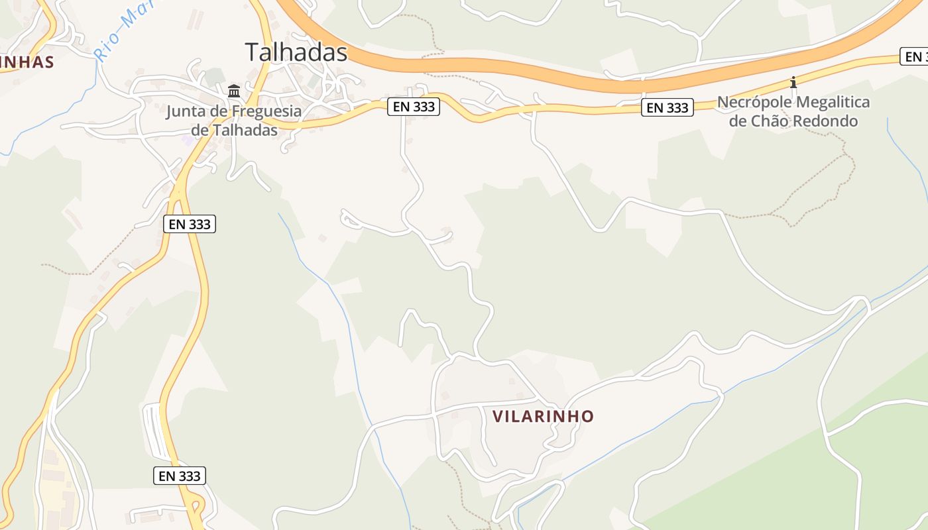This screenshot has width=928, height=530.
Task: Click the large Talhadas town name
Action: (x=296, y=52)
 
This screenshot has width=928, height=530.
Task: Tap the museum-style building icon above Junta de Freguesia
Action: (x=234, y=91)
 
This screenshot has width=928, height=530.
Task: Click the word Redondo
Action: (x=830, y=121)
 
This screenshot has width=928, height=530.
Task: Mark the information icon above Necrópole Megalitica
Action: (x=793, y=83)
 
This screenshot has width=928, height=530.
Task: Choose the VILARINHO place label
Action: (x=543, y=416)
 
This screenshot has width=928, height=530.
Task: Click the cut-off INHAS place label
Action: (x=27, y=62)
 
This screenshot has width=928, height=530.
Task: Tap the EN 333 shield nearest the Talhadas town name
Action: (x=414, y=106)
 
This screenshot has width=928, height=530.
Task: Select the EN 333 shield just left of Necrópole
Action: (x=667, y=107)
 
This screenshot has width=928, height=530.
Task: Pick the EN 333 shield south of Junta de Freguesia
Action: (x=190, y=224)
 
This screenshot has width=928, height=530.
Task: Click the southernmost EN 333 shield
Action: (x=180, y=476)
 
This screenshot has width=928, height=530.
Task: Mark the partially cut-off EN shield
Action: (x=915, y=57)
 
